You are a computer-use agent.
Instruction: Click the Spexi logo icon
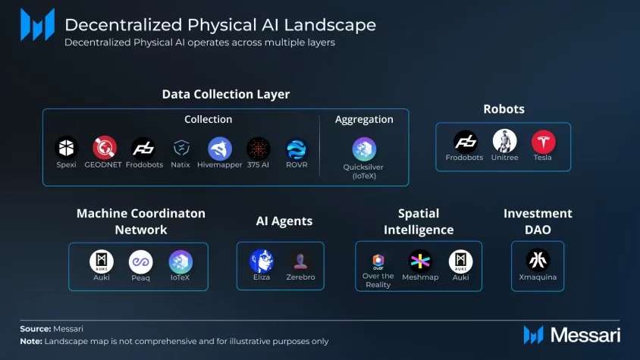[67, 148]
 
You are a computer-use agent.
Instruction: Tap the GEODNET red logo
[104, 148]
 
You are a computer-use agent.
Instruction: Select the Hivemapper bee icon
[220, 149]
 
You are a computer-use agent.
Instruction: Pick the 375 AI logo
[259, 149]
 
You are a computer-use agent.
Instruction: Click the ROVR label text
[296, 164]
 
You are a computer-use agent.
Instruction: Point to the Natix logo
[181, 149]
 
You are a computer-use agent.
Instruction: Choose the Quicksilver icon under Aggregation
[364, 149]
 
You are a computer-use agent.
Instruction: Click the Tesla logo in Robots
[543, 142]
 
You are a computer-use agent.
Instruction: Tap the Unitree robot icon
[504, 142]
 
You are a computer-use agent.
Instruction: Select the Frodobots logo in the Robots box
[466, 142]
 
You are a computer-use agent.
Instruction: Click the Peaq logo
[141, 262]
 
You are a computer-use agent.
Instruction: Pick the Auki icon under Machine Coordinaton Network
[102, 262]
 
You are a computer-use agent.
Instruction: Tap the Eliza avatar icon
[262, 261]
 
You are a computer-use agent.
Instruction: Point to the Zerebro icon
[300, 261]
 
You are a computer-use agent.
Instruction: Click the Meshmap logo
[419, 261]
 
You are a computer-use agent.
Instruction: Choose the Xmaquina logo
[538, 261]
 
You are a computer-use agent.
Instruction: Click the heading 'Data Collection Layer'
[226, 94]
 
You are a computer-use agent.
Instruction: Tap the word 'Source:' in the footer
[36, 329]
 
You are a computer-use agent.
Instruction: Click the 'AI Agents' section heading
[284, 221]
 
